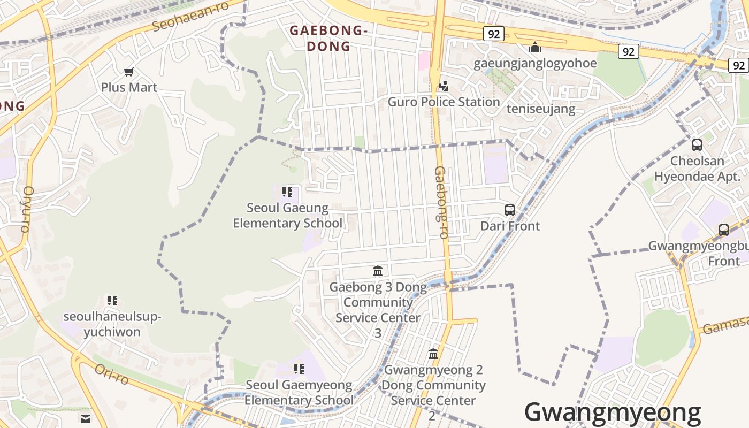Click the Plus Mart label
[129, 87]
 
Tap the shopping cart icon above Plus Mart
[128, 72]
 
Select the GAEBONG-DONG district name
[328, 39]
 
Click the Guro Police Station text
[444, 102]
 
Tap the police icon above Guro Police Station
[444, 86]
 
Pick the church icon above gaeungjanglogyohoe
[534, 48]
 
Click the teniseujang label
[541, 109]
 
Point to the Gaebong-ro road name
[441, 202]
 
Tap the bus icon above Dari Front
[510, 210]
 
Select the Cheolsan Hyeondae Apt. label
[697, 169]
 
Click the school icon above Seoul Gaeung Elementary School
[287, 192]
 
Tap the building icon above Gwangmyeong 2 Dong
[433, 354]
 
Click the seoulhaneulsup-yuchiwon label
[112, 324]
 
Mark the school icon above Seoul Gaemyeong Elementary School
[299, 369]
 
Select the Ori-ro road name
[112, 374]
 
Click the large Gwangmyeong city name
[613, 412]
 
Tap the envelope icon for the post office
[86, 418]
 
